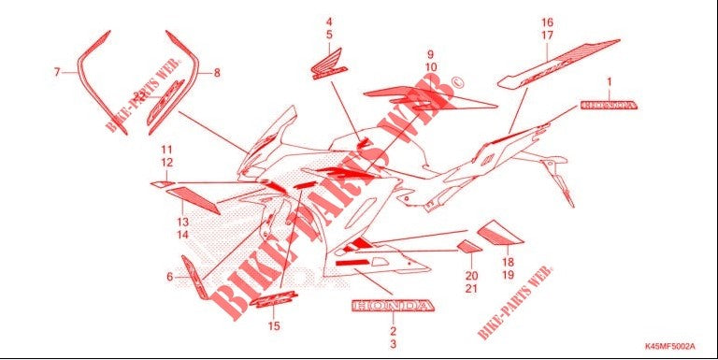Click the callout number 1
610,81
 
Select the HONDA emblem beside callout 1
609,106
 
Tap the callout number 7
57,71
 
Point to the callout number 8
217,72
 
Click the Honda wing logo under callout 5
329,66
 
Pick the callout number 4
329,21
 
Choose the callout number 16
548,22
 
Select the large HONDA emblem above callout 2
393,307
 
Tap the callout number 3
394,345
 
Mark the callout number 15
274,326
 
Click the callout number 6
169,276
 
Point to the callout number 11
166,150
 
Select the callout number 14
183,235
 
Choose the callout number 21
471,290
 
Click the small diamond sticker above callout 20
469,247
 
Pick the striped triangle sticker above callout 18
495,229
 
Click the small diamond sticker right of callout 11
160,184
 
